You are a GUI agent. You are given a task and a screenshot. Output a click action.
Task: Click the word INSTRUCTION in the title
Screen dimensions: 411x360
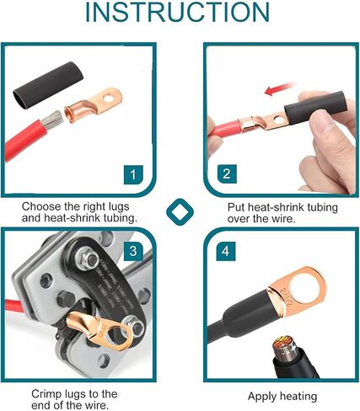click(x=179, y=16)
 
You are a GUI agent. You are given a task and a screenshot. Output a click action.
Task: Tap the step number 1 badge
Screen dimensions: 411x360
click(x=132, y=174)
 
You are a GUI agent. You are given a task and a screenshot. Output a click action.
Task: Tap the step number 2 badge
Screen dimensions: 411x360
click(x=226, y=174)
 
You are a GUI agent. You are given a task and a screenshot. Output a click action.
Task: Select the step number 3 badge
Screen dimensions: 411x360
click(x=132, y=252)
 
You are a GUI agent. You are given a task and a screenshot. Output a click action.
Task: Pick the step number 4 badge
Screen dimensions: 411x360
click(x=226, y=252)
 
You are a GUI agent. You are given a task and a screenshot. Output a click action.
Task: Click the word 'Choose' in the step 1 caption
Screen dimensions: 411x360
click(x=42, y=206)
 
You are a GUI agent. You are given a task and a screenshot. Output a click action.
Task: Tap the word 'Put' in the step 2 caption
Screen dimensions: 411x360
click(x=239, y=206)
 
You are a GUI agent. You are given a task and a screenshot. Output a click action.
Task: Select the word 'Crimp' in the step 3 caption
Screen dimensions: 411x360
click(x=48, y=393)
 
